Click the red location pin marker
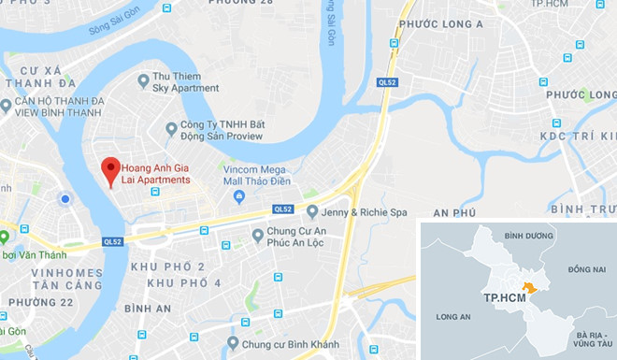click(110, 171)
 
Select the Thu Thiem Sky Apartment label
click(185, 83)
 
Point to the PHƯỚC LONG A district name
click(439, 24)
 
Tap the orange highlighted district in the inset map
click(531, 289)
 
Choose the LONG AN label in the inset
click(452, 317)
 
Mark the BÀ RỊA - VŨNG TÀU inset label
click(588, 338)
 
